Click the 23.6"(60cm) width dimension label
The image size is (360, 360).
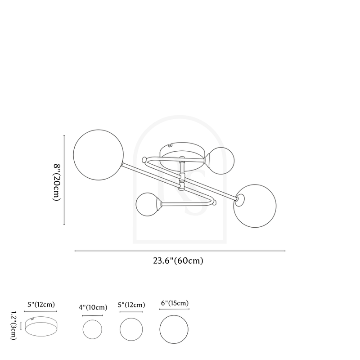tap(178, 261)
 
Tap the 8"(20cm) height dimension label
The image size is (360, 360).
tap(57, 182)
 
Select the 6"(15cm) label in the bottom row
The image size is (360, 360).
tap(175, 303)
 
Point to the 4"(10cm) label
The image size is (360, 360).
tap(93, 307)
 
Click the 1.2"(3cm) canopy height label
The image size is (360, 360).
tap(14, 325)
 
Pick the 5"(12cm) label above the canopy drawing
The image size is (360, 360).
tap(41, 305)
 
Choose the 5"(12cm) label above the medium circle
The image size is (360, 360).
tap(131, 305)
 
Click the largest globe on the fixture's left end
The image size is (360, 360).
tap(98, 155)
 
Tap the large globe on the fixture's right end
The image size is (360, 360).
tap(255, 206)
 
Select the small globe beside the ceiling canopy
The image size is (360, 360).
tap(221, 161)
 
